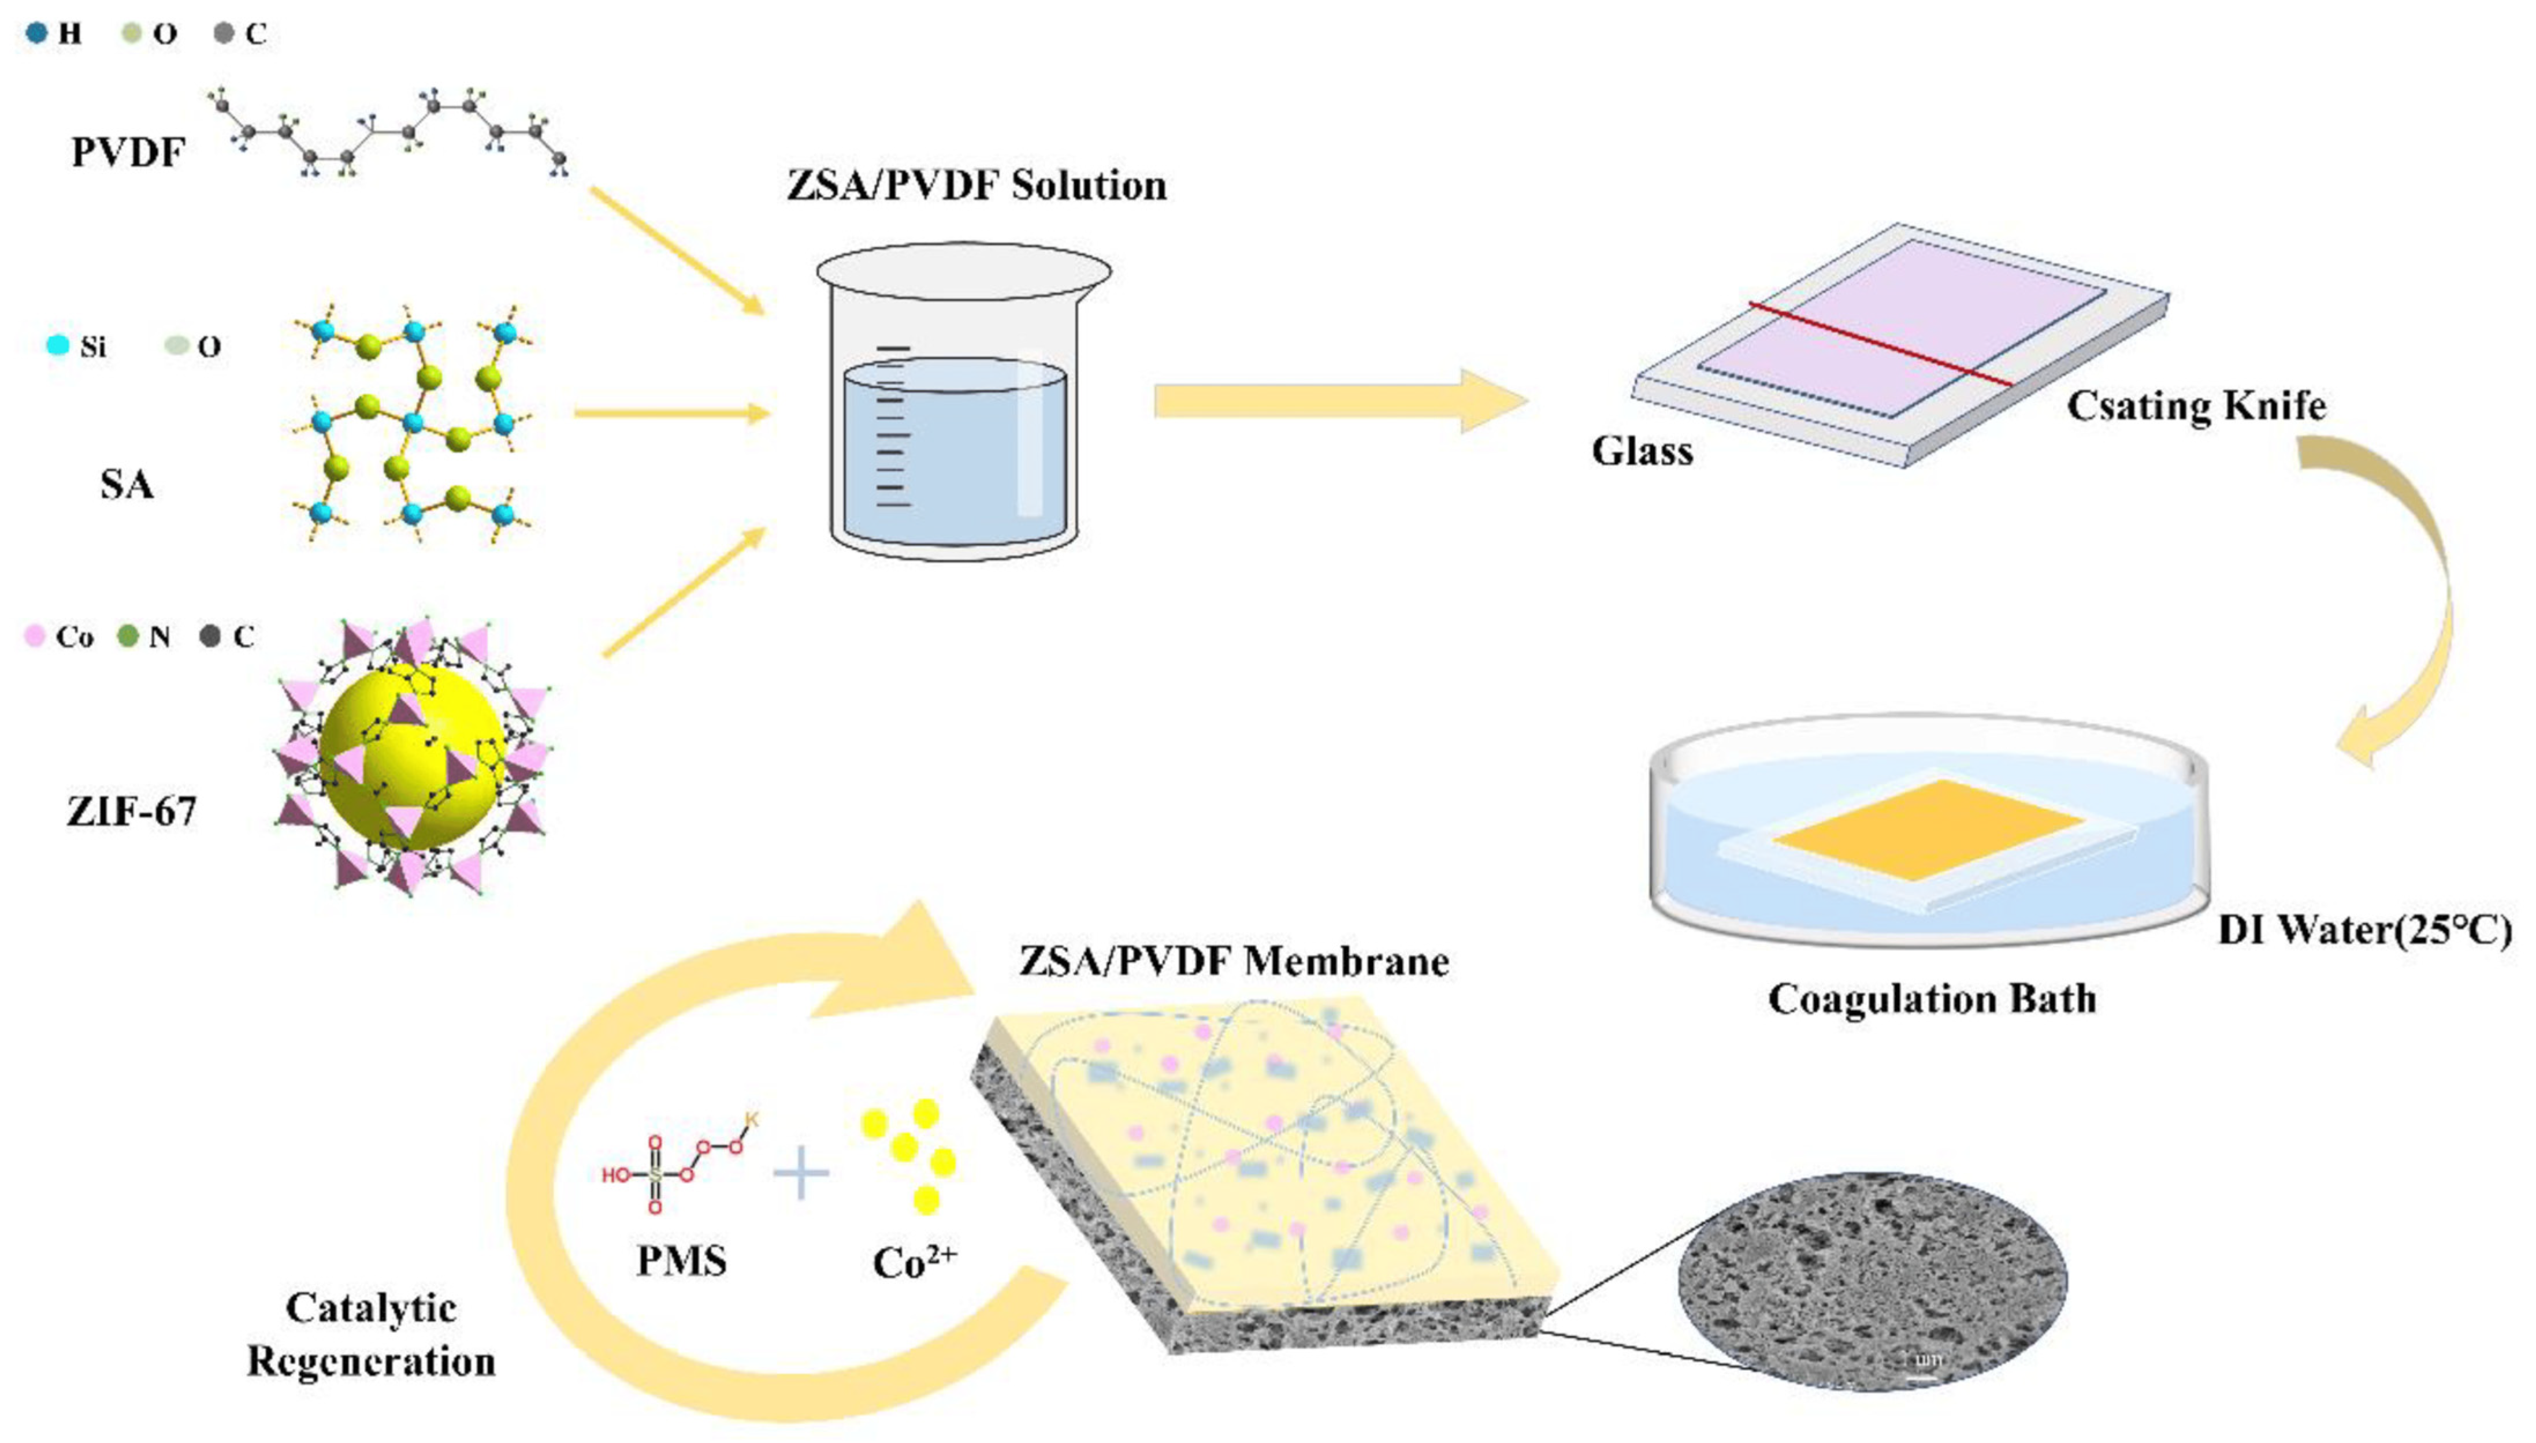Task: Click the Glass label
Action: [x=1642, y=451]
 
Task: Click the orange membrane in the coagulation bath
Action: [x=1928, y=830]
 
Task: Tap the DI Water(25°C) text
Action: [x=2364, y=929]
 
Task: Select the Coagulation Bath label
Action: [x=1932, y=999]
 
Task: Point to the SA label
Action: [x=127, y=485]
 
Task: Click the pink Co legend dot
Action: [x=35, y=635]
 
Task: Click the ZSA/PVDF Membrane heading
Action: [x=1234, y=961]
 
